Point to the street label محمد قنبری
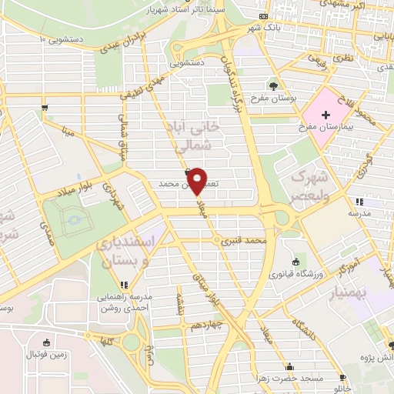[243, 241]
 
